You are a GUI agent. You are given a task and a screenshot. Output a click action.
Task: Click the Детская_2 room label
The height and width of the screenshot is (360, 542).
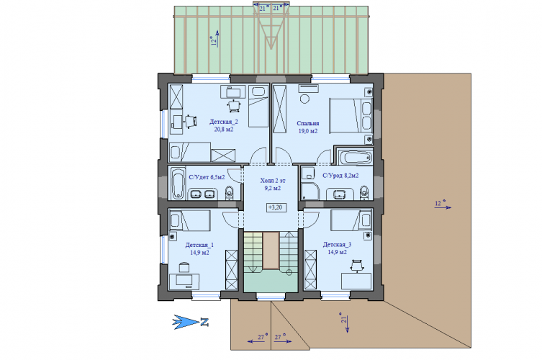coord(224,122)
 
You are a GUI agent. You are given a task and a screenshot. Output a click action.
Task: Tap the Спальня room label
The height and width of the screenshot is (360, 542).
coord(307,123)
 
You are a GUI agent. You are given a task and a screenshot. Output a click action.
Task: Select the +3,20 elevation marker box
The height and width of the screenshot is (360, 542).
coord(276,207)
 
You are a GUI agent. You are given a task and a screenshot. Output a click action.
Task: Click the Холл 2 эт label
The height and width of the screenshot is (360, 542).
coord(273,181)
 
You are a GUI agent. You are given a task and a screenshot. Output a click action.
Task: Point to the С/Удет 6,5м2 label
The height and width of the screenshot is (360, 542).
coord(207,177)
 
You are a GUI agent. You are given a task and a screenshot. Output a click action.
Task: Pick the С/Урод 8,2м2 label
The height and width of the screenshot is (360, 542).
coord(340,176)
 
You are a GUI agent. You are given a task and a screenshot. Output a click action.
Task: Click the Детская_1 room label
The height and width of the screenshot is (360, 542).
coord(199,245)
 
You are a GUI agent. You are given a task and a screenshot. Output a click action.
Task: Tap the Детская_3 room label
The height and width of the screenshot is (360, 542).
coord(337,245)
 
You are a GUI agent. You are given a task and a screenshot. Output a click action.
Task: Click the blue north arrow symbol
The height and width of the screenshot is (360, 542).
coord(191,322)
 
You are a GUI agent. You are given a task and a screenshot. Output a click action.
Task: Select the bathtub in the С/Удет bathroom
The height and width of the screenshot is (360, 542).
coord(179,184)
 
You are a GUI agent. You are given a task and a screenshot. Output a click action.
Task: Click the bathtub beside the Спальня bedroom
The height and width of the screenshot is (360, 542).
coord(355,158)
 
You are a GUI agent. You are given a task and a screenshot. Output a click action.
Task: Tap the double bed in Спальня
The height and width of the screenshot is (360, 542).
coord(351,116)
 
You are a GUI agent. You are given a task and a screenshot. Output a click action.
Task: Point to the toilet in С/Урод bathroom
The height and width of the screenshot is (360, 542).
coord(363,193)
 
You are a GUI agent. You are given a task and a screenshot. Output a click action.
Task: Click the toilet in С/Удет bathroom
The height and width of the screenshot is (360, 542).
coord(229,193)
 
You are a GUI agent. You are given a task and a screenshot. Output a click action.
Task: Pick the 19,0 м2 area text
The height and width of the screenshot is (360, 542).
coord(308,131)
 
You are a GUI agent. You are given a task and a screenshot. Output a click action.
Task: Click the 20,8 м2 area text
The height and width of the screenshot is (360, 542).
coord(224,130)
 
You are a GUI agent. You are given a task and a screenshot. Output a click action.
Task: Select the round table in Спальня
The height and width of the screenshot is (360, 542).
coord(304,99)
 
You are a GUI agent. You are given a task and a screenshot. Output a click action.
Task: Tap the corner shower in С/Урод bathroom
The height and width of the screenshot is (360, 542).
coord(310,192)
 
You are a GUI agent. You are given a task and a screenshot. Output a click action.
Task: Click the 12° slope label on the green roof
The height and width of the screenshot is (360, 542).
coord(214,41)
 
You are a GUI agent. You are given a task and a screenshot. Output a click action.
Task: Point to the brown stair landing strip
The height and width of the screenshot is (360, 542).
coord(271,251)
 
